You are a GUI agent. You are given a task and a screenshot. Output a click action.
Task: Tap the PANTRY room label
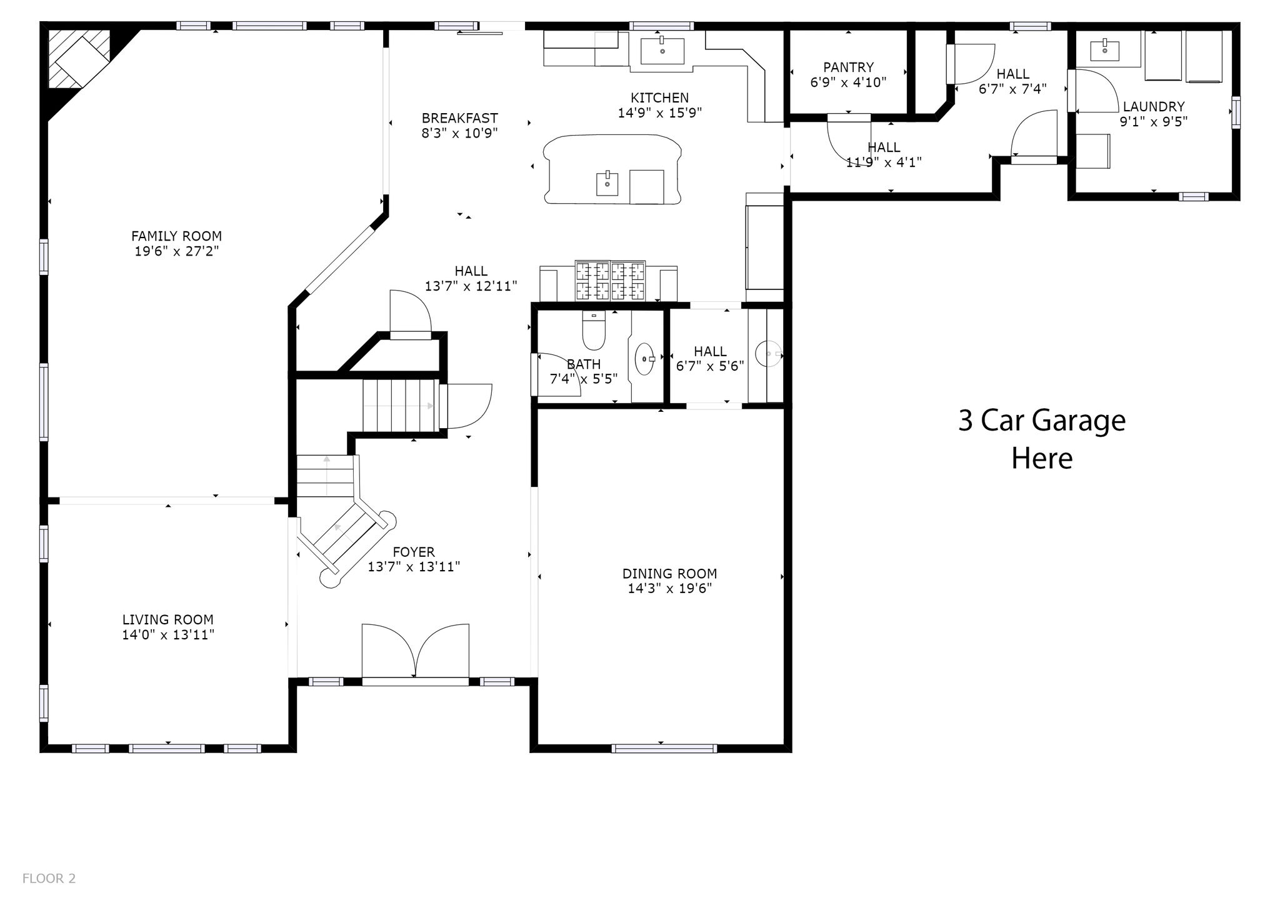[x=848, y=67]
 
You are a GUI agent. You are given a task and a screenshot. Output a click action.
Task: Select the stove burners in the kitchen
[x=610, y=280]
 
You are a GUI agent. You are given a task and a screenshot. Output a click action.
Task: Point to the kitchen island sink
[x=607, y=183]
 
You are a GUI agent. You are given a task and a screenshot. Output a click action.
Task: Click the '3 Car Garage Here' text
[x=1042, y=439]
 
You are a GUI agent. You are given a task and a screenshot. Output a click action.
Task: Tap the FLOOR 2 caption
[x=49, y=879]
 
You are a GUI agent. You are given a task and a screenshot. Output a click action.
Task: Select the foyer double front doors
[x=415, y=651]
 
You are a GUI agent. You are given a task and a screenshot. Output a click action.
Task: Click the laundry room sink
[x=1104, y=50]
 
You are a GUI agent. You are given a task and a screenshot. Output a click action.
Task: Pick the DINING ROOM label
[x=669, y=573]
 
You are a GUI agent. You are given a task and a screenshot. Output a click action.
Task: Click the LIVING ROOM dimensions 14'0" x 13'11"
[x=168, y=635]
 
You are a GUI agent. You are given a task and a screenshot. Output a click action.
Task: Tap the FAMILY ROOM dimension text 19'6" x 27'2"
[x=176, y=251]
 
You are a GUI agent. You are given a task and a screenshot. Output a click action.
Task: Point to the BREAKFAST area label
[x=459, y=118]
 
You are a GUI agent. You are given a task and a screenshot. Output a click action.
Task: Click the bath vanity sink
[x=644, y=359]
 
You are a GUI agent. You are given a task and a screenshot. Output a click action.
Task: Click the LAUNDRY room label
[x=1154, y=106]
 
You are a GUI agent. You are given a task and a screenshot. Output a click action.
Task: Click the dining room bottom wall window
[x=664, y=748]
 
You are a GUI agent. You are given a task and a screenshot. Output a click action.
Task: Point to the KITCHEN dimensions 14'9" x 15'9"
[x=660, y=113]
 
